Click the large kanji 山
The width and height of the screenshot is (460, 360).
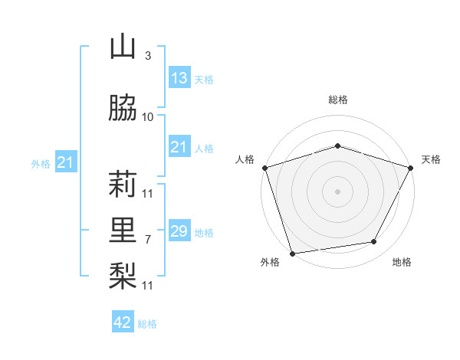pyautogui.click(x=123, y=47)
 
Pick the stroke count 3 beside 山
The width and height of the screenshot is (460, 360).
pyautogui.click(x=147, y=56)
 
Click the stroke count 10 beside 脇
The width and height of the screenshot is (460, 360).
pyautogui.click(x=148, y=117)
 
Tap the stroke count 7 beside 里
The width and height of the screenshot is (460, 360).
pyautogui.click(x=147, y=240)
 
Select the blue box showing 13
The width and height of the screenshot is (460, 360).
pyautogui.click(x=179, y=78)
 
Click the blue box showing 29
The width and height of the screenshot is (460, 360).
pyautogui.click(x=179, y=231)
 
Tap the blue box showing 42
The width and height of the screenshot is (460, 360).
pyautogui.click(x=123, y=322)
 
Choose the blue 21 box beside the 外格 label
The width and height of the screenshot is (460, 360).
pyautogui.click(x=65, y=162)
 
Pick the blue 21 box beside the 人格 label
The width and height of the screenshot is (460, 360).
pyautogui.click(x=179, y=147)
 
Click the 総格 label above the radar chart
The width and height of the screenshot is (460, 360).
pyautogui.click(x=337, y=100)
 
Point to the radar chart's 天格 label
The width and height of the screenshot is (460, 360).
pyautogui.click(x=431, y=159)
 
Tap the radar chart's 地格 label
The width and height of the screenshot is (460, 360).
pyautogui.click(x=402, y=262)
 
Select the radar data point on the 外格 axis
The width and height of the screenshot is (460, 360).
pyautogui.click(x=292, y=253)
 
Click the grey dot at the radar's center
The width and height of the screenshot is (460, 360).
pyautogui.click(x=337, y=191)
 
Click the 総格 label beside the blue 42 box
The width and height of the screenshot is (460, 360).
pyautogui.click(x=147, y=324)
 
